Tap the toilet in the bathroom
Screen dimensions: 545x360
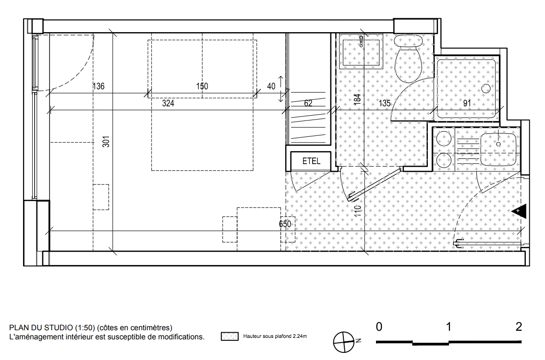coord(409,59)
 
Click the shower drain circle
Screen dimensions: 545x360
coord(486,89)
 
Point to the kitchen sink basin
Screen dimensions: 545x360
coord(498,149)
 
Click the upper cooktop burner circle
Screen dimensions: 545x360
coord(444,139)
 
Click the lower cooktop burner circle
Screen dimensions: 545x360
coord(444,161)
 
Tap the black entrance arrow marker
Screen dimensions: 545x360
coord(519,211)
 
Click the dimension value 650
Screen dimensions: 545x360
coord(285,224)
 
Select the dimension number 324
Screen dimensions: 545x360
coord(168,103)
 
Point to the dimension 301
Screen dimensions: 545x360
coord(106,142)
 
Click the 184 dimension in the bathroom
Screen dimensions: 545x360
coord(357,99)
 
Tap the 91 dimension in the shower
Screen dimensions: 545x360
coord(467,103)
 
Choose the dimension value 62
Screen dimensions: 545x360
coord(308,103)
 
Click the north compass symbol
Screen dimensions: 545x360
coord(344,342)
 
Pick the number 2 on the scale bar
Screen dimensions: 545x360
coord(519,327)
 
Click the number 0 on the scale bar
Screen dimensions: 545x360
coord(379,327)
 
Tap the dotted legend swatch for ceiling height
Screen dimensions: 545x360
coord(230,336)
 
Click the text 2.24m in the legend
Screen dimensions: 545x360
coord(300,336)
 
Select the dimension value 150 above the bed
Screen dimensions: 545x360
coord(202,86)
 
